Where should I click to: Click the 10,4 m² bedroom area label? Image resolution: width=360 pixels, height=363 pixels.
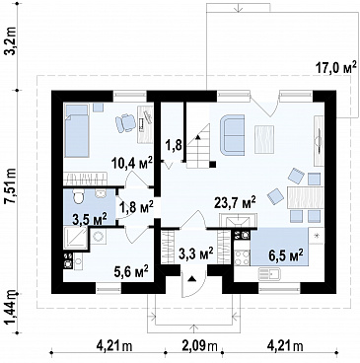point(133,162)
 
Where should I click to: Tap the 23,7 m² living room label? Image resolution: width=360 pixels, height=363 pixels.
point(235,203)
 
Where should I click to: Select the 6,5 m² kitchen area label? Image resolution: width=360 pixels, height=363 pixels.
point(285,254)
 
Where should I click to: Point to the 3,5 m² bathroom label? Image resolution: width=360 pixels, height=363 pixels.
point(90,219)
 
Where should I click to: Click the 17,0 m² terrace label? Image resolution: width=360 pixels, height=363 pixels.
point(336,68)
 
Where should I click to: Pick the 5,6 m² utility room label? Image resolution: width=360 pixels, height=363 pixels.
point(131,272)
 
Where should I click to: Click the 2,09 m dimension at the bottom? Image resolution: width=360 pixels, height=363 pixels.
point(200,345)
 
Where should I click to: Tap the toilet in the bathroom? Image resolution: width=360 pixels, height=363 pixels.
point(78,196)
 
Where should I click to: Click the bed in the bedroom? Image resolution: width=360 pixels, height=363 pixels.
point(77,130)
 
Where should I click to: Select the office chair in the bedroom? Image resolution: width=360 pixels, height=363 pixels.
point(125,122)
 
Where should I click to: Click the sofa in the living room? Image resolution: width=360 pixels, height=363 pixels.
point(233,134)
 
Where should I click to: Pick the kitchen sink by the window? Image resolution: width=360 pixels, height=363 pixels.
point(268,272)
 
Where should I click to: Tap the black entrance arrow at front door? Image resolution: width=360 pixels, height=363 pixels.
point(191,279)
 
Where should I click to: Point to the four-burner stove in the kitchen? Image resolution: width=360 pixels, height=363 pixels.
point(242,257)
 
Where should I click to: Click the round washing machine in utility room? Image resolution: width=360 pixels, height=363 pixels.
point(98,236)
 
